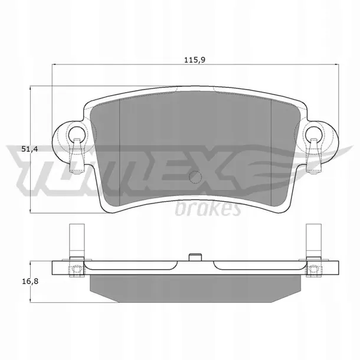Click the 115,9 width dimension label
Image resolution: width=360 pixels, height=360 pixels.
tap(195, 60)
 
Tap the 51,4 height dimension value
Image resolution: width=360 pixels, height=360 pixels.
tap(30, 149)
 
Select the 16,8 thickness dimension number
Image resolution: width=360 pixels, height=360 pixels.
tap(30, 281)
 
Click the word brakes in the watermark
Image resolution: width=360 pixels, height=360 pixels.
tap(208, 208)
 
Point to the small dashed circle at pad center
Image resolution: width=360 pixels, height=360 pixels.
tap(195, 177)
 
